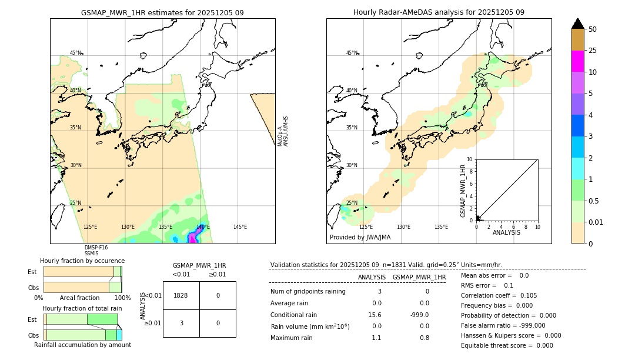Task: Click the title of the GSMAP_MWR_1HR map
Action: click(x=162, y=12)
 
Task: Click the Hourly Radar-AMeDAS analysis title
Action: click(x=439, y=12)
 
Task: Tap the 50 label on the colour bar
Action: click(x=593, y=29)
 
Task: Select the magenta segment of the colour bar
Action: click(x=577, y=61)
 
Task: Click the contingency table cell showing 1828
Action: click(x=181, y=295)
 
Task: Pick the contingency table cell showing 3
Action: click(x=181, y=323)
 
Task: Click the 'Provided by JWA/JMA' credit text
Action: click(x=360, y=237)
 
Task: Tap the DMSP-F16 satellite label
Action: click(x=96, y=248)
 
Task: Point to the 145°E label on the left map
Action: click(x=240, y=227)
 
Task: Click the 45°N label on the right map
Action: click(x=352, y=53)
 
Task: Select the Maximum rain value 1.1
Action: click(x=376, y=338)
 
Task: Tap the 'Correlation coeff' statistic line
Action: click(x=499, y=295)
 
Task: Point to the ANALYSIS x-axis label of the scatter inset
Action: click(x=507, y=232)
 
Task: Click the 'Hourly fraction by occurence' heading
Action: click(x=82, y=261)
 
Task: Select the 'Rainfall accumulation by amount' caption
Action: click(x=82, y=345)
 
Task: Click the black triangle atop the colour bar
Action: click(x=577, y=24)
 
